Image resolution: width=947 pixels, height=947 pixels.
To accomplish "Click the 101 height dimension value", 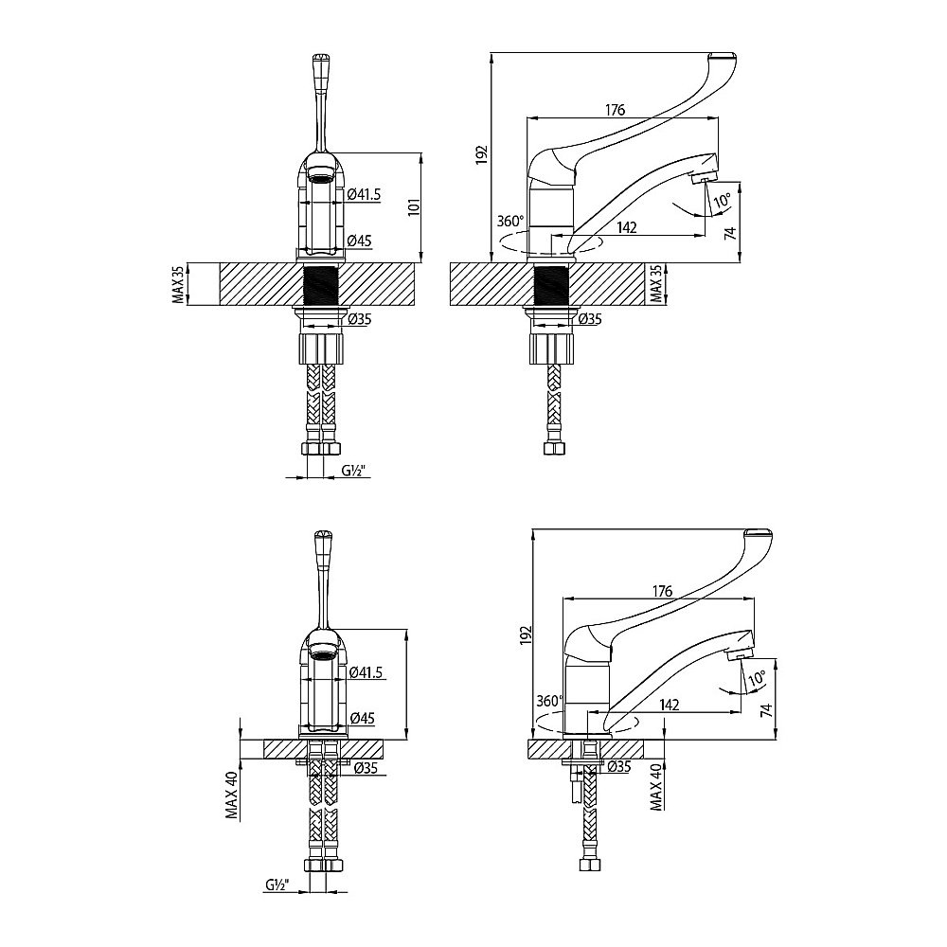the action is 414,207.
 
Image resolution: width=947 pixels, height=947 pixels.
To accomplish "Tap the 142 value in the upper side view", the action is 627,227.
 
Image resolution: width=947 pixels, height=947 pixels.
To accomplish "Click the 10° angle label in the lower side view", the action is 756,678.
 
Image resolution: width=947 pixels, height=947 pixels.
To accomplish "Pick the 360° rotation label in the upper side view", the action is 510,221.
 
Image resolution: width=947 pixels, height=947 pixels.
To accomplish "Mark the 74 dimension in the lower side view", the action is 766,709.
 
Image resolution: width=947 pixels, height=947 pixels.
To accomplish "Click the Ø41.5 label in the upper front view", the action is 365,194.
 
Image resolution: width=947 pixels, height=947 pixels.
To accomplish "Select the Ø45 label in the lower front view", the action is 363,718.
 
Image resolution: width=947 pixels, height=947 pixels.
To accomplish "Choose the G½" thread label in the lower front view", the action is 277,884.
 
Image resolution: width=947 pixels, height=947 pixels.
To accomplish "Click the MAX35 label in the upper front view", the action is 178,284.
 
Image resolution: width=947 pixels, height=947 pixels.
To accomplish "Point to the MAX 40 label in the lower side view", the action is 656,786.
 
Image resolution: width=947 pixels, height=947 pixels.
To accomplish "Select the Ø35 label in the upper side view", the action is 590,319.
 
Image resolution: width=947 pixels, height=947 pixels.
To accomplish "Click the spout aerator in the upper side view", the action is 704,177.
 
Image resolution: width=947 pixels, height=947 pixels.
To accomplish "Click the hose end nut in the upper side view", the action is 554,448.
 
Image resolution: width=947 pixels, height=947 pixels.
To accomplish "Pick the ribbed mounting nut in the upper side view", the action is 551,348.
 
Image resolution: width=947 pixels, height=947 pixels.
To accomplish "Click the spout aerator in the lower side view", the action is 740,654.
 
